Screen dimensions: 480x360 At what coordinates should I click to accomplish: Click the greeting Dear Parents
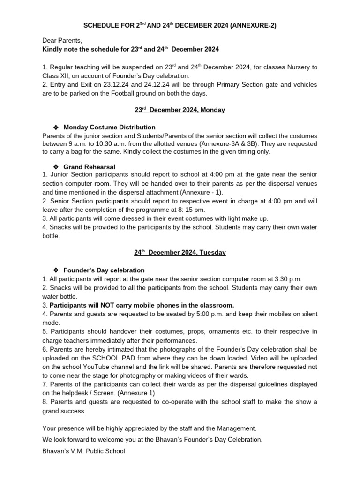pos(62,41)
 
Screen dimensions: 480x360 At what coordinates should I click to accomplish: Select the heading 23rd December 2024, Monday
pos(180,110)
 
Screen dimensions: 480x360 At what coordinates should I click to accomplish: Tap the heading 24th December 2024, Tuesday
pos(180,252)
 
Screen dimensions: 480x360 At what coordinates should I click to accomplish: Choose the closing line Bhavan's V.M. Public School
pos(83,451)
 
